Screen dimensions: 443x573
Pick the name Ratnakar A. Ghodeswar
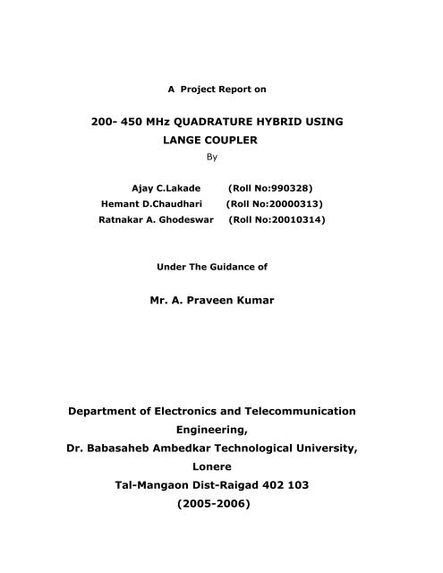[154, 220]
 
